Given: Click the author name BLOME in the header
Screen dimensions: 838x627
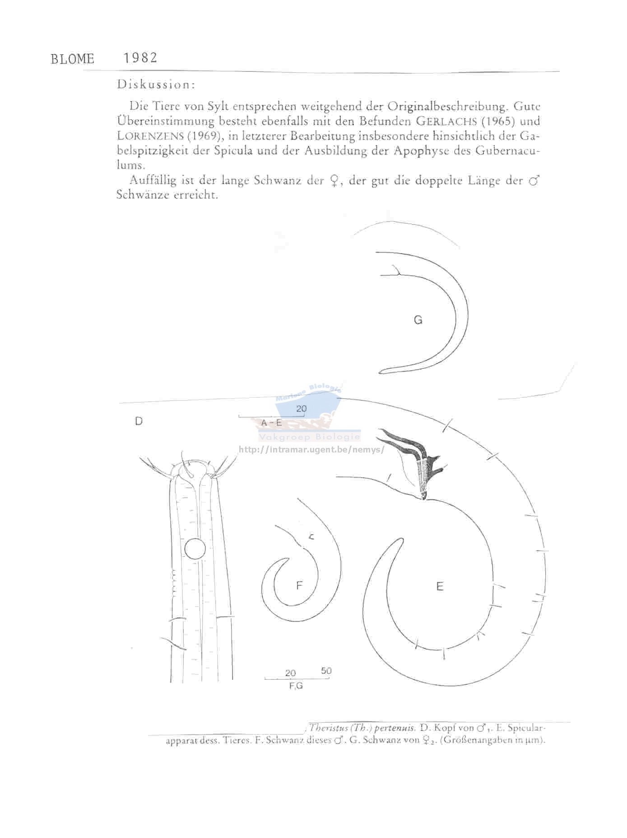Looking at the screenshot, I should point(72,59).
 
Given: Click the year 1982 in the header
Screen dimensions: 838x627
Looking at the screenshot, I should point(140,58).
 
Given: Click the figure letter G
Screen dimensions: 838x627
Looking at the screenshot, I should point(418,320).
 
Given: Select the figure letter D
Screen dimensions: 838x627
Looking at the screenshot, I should point(139,421).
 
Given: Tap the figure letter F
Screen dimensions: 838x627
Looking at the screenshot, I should point(299,586).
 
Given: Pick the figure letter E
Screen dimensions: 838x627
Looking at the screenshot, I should point(440,586).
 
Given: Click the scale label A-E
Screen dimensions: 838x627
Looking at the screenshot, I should point(271,423).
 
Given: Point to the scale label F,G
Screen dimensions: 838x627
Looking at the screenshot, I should point(296,686).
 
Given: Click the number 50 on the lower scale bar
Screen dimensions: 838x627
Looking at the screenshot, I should point(326,671).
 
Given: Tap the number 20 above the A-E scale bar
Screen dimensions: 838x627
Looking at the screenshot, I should point(301,409).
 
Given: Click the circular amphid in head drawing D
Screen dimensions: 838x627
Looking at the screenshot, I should point(195,549).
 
